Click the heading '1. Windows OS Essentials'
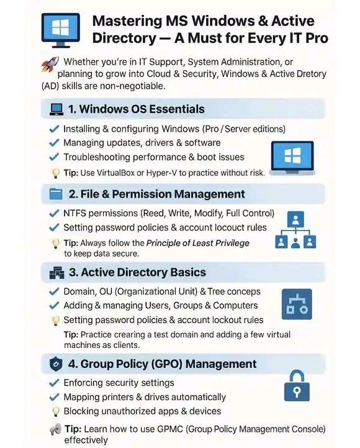(x=135, y=109)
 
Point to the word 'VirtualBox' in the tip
(x=127, y=172)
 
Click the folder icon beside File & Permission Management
(x=56, y=194)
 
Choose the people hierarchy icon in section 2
(x=296, y=231)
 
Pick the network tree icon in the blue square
(x=297, y=304)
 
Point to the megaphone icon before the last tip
(x=55, y=429)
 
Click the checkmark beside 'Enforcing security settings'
(x=53, y=383)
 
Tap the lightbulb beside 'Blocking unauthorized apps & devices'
(x=54, y=411)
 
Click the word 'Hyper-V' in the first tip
(x=188, y=172)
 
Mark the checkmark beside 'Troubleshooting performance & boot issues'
(x=53, y=157)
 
